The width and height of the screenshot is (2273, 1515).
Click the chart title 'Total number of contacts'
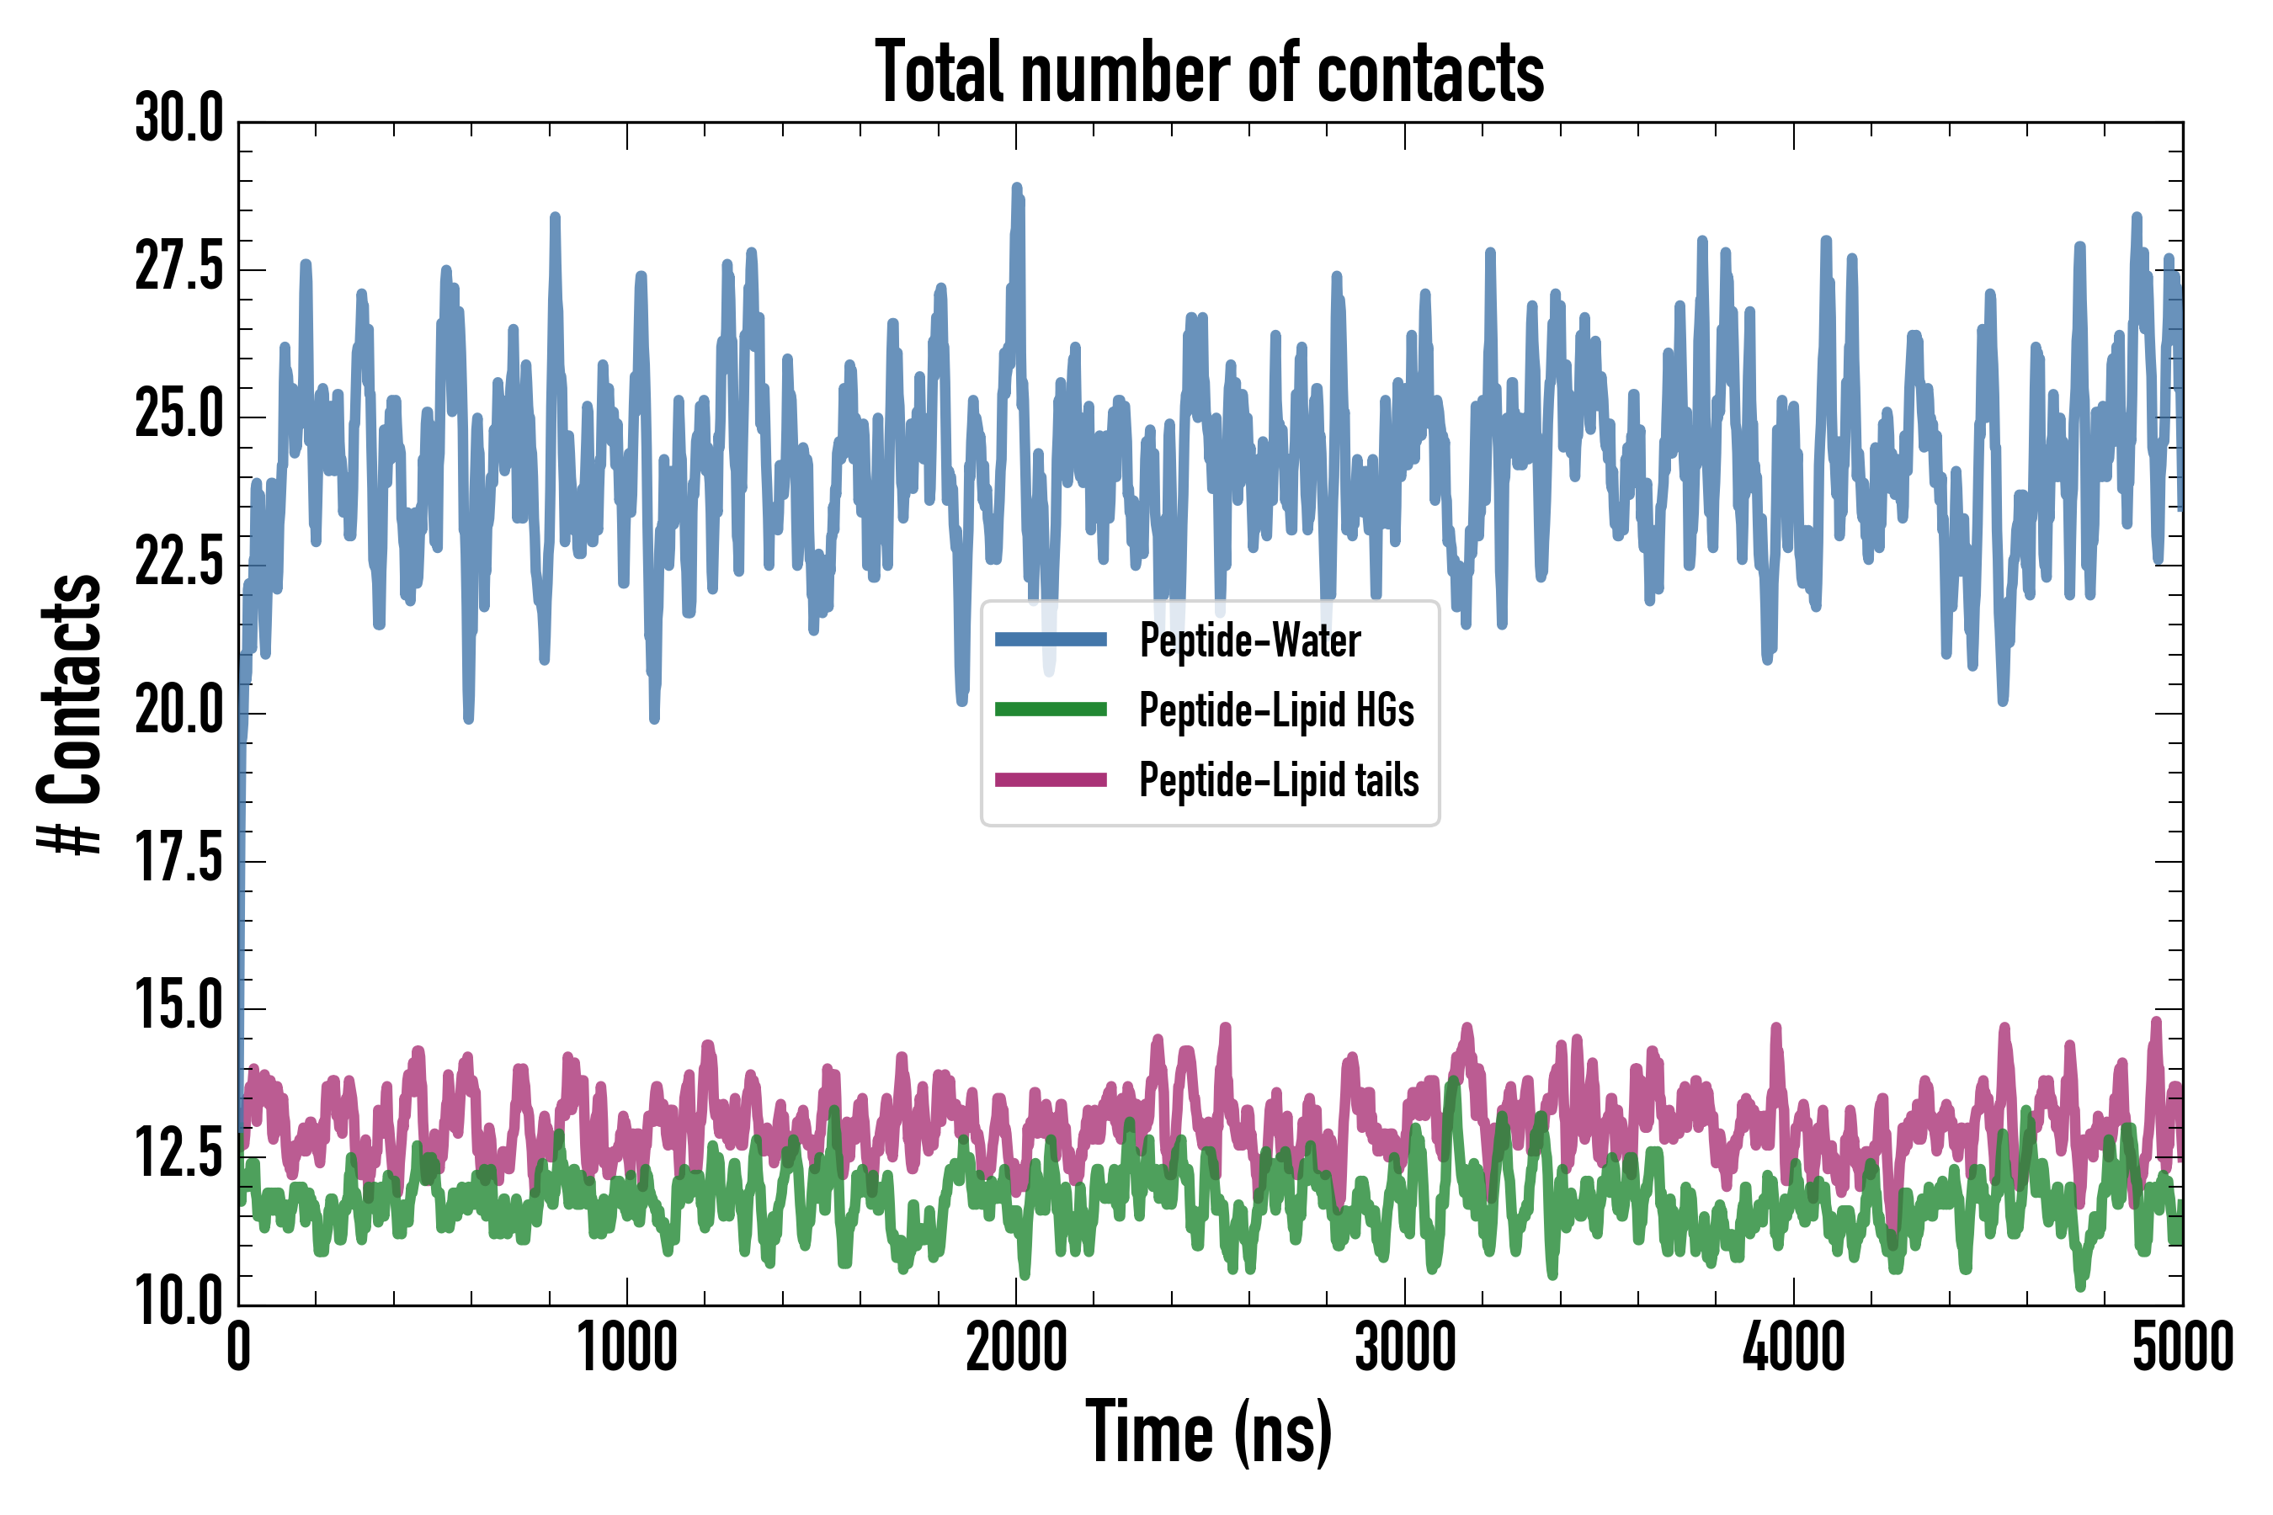tap(1209, 72)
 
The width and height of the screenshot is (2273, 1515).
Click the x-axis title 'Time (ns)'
tap(1209, 1432)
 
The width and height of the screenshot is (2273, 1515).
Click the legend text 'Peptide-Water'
tap(1249, 641)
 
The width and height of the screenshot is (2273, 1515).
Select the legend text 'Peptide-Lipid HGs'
tap(1276, 710)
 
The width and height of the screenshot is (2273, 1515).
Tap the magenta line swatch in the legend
tap(1051, 779)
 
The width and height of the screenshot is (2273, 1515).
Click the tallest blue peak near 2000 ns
tap(1016, 189)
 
